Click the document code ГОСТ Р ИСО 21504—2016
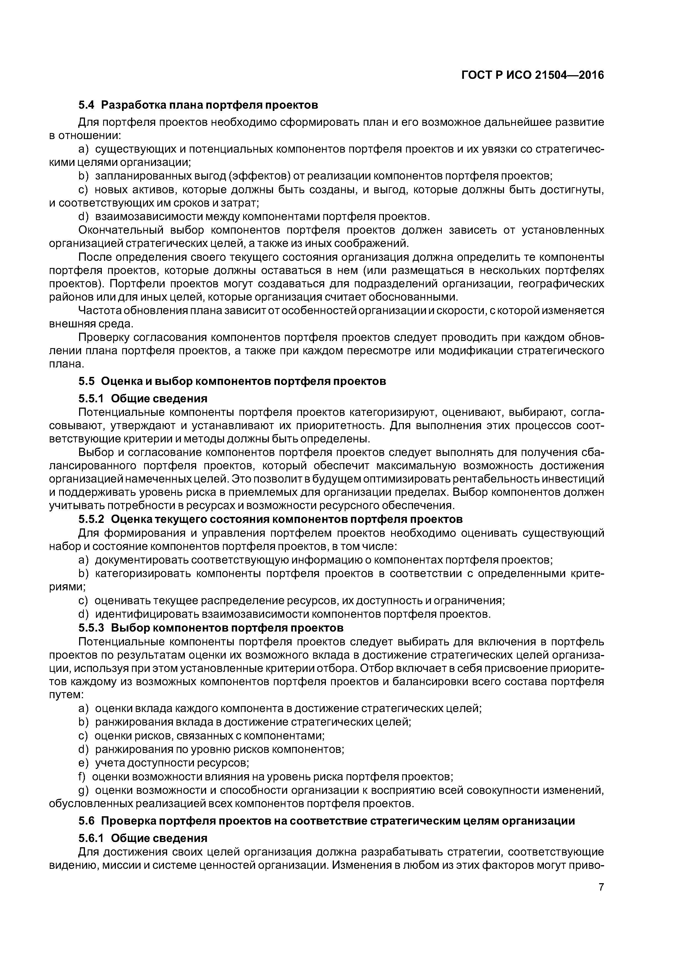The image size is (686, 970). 532,75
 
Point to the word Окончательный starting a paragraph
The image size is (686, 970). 120,230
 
